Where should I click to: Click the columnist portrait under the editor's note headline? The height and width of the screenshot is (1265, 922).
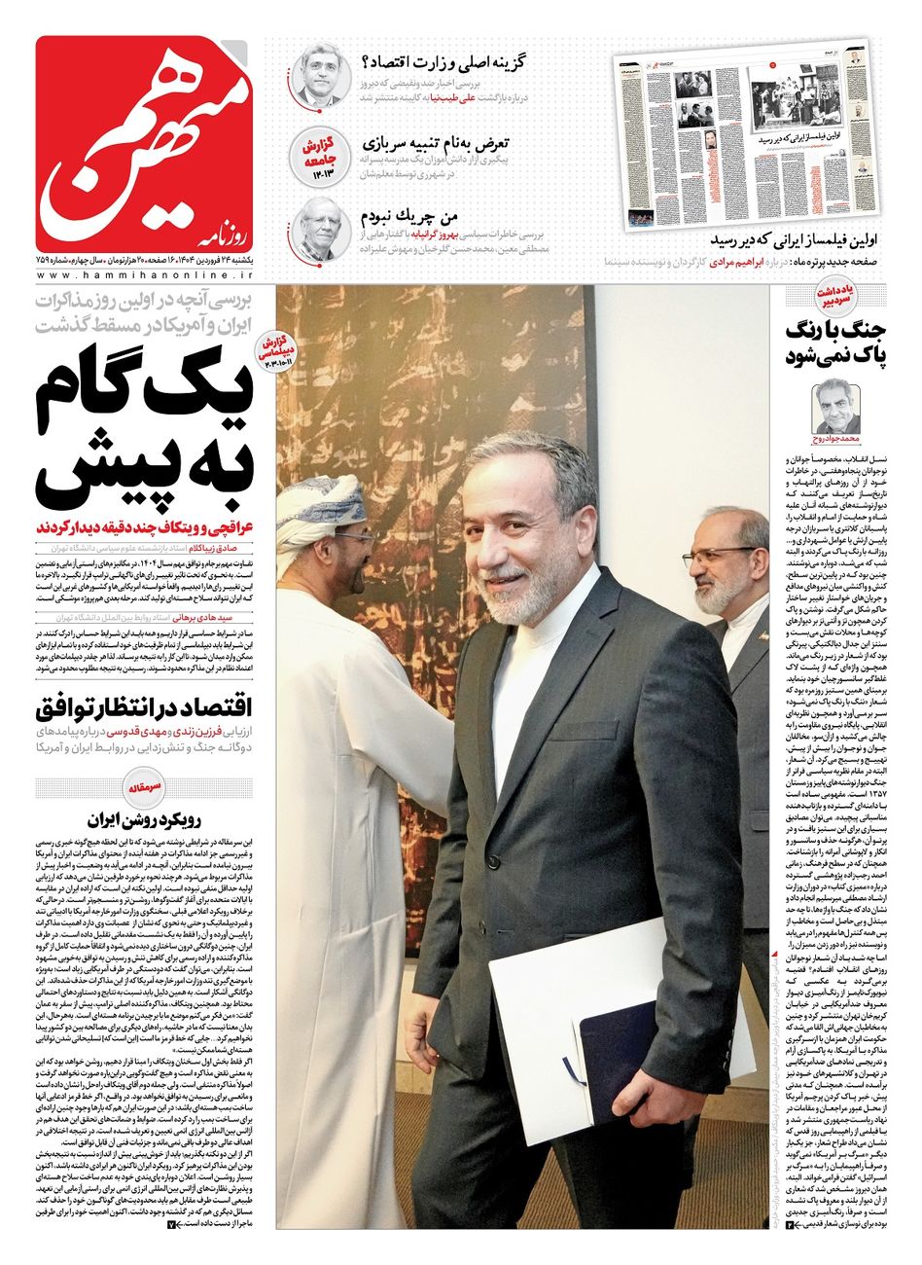835,407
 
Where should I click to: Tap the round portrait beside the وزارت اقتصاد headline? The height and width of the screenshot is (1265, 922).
318,77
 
